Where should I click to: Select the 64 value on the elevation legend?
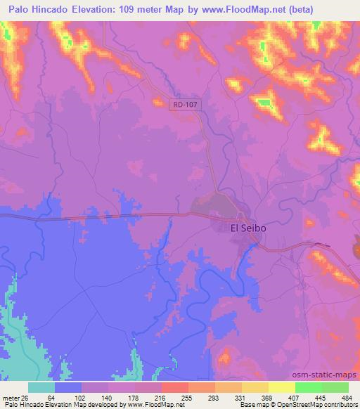coord(51,398)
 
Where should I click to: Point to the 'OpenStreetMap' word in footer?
coord(312,405)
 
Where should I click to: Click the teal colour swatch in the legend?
coord(41,387)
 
